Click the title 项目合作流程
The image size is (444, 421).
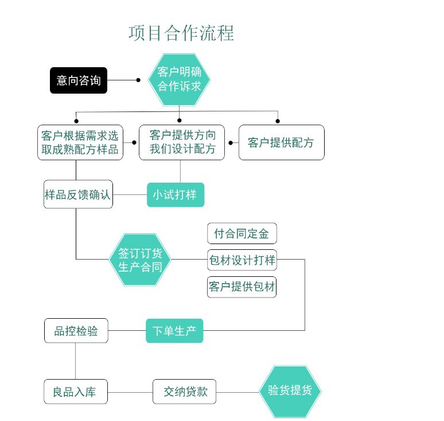pyautogui.click(x=181, y=33)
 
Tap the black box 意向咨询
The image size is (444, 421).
pyautogui.click(x=79, y=80)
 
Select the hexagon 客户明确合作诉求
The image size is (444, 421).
pyautogui.click(x=179, y=80)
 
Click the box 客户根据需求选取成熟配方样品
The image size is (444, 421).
pyautogui.click(x=80, y=142)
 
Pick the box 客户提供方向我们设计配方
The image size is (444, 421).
pyautogui.click(x=182, y=142)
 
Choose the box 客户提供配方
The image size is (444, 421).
pyautogui.click(x=281, y=142)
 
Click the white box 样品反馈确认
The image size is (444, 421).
pyautogui.click(x=78, y=195)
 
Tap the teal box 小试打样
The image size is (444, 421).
pyautogui.click(x=175, y=195)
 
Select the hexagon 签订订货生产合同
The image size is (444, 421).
pyautogui.click(x=140, y=260)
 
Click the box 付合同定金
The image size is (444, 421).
pyautogui.click(x=242, y=234)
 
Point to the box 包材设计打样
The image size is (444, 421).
pyautogui.click(x=242, y=260)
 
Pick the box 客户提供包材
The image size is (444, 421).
pyautogui.click(x=242, y=287)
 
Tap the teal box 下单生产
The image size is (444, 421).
pyautogui.click(x=174, y=331)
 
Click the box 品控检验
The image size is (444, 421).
pyautogui.click(x=76, y=331)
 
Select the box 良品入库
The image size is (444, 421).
pyautogui.click(x=76, y=392)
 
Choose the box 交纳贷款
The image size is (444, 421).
pyautogui.click(x=184, y=392)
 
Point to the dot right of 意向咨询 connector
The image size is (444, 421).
pyautogui.click(x=138, y=80)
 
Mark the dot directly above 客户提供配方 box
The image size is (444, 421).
pyautogui.click(x=278, y=121)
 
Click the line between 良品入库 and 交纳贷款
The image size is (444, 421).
pyautogui.click(x=130, y=392)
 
